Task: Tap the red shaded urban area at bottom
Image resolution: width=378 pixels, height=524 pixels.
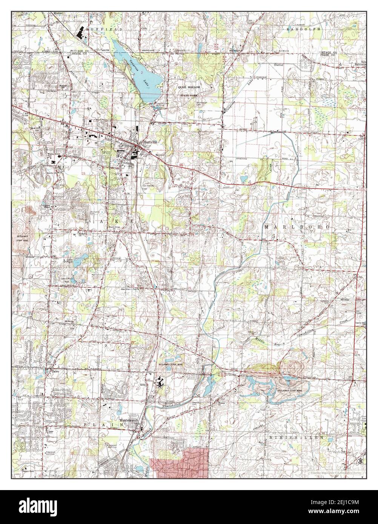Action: pos(179,463)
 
